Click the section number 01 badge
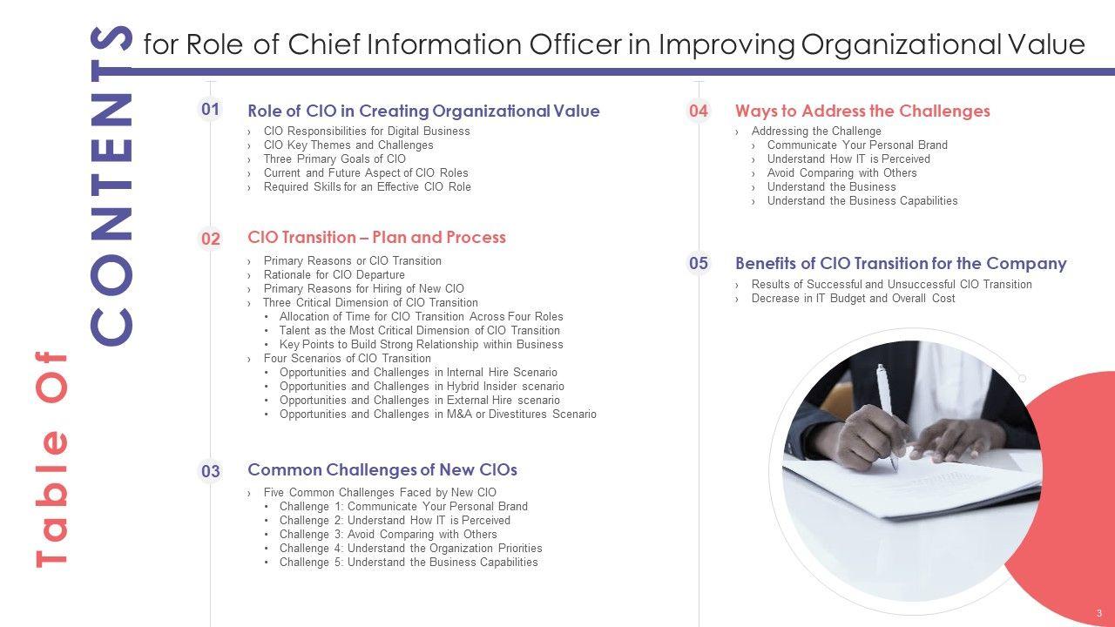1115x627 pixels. click(x=210, y=109)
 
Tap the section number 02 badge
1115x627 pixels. click(x=210, y=239)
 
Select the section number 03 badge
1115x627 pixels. click(x=210, y=471)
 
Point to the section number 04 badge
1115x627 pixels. click(x=699, y=111)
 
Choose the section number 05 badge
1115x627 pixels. click(x=699, y=263)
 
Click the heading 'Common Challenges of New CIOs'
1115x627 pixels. click(x=382, y=469)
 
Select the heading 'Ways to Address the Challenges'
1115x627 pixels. click(x=862, y=111)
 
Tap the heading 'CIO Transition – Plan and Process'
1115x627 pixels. click(x=377, y=237)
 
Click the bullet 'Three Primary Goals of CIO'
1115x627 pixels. click(x=334, y=158)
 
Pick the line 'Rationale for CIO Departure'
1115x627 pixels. click(x=334, y=274)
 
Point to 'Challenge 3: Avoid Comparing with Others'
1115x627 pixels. click(x=389, y=534)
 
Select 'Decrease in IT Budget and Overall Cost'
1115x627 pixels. click(x=853, y=298)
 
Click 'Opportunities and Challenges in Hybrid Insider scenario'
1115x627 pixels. click(x=422, y=386)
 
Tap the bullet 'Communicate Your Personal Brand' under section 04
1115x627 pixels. click(x=857, y=145)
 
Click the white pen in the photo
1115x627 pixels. click(x=886, y=415)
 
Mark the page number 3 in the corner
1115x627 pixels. click(x=1099, y=613)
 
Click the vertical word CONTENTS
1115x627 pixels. click(x=111, y=186)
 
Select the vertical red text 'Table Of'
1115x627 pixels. click(x=51, y=459)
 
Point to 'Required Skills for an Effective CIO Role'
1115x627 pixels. click(x=368, y=186)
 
